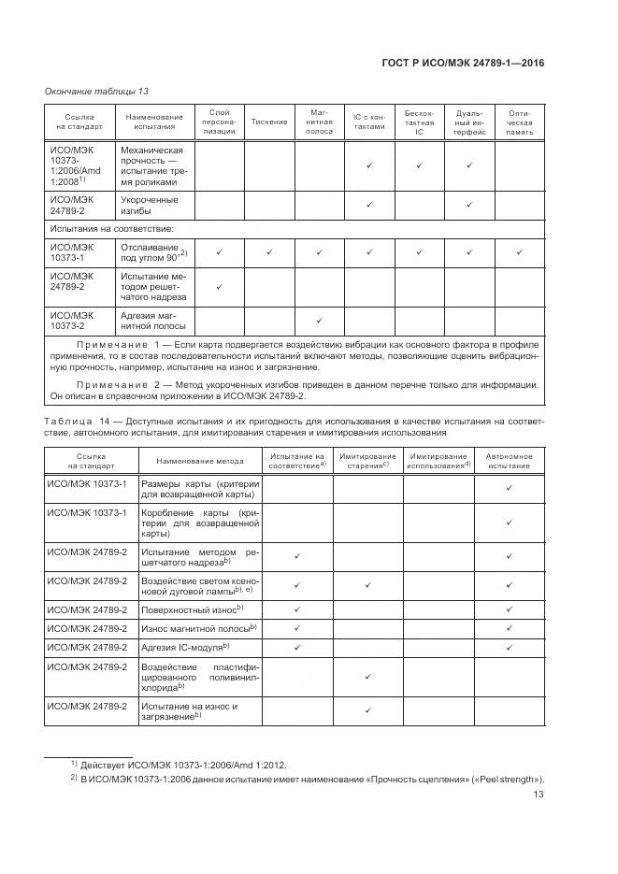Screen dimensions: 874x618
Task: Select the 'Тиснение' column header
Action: pyautogui.click(x=269, y=122)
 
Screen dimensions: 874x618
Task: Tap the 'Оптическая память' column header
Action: pyautogui.click(x=521, y=122)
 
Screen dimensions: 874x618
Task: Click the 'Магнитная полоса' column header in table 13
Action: pyautogui.click(x=319, y=122)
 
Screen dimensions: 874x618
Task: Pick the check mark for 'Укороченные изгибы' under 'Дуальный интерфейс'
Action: pyautogui.click(x=469, y=204)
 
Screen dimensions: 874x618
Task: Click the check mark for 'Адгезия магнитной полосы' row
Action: pyautogui.click(x=319, y=321)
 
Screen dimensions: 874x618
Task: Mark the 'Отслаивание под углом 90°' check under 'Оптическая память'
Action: pyautogui.click(x=521, y=251)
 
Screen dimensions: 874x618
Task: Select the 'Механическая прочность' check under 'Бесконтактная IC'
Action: pyautogui.click(x=420, y=165)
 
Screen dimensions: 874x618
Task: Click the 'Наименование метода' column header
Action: pyautogui.click(x=200, y=460)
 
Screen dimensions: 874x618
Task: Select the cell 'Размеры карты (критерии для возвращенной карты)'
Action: pyautogui.click(x=200, y=488)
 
